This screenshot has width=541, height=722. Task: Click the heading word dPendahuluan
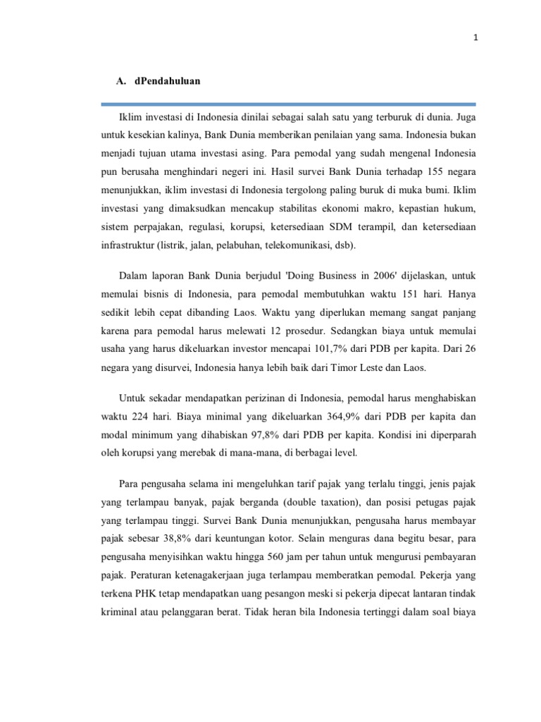tap(167, 81)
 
